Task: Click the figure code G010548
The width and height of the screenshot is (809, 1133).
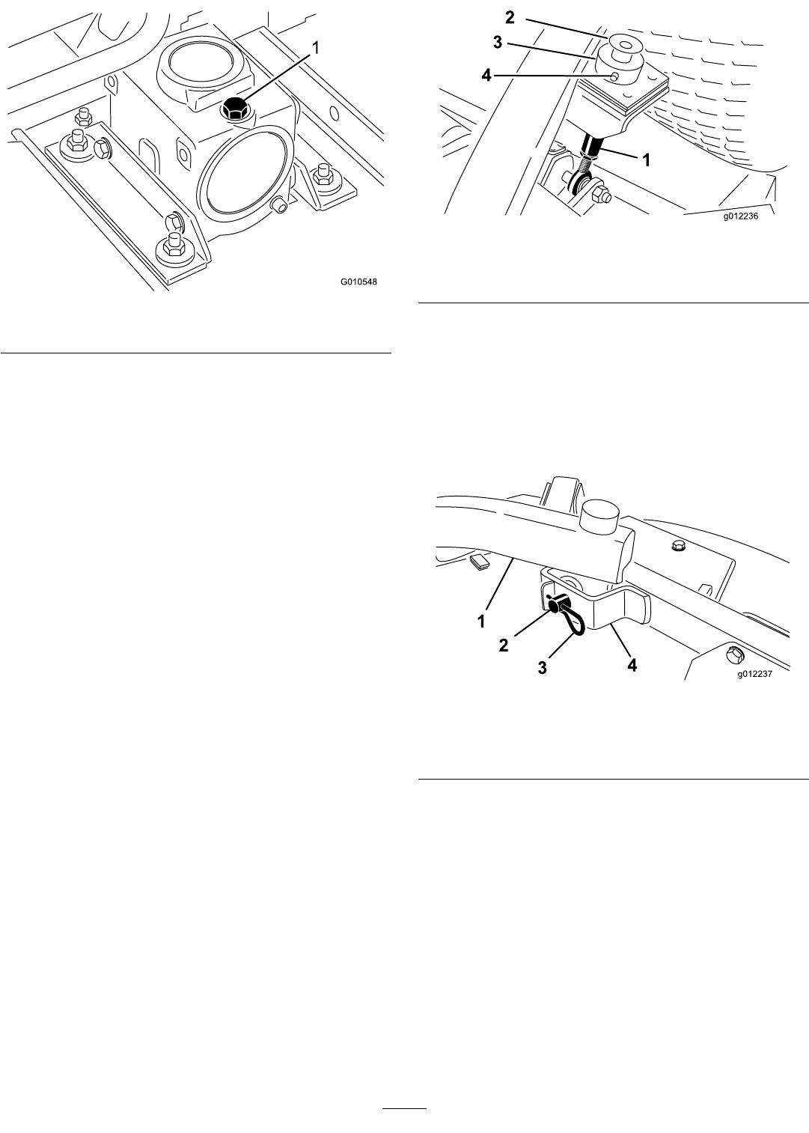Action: [x=358, y=282]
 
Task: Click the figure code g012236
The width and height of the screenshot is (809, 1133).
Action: [x=740, y=216]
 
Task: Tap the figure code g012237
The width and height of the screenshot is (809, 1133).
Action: [x=754, y=674]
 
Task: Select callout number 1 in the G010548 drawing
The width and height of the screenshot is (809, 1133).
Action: [x=316, y=49]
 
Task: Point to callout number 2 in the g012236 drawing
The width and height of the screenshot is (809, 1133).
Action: [x=510, y=17]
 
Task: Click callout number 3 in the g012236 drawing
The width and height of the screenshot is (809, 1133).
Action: [x=498, y=43]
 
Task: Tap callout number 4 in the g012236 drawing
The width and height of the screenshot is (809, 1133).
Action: [x=486, y=76]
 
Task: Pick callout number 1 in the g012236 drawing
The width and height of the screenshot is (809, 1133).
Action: [x=646, y=160]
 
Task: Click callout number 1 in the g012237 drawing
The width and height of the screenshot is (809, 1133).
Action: [x=481, y=621]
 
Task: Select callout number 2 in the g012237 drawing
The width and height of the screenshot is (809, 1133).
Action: [x=504, y=645]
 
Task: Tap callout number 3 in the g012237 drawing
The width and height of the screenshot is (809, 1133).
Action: [x=542, y=668]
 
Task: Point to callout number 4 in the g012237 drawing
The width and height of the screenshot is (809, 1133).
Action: [x=632, y=665]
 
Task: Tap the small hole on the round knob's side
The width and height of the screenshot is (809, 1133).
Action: [x=614, y=76]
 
